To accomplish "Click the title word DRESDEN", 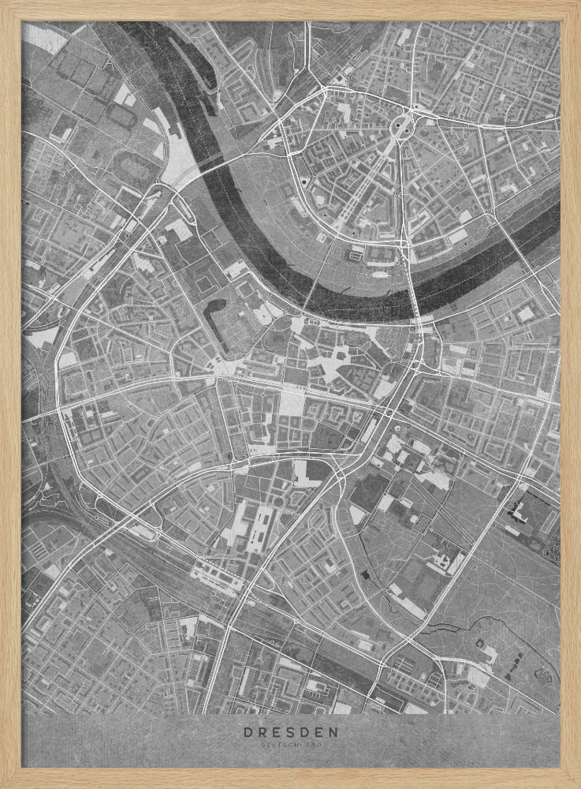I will pyautogui.click(x=290, y=731).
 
